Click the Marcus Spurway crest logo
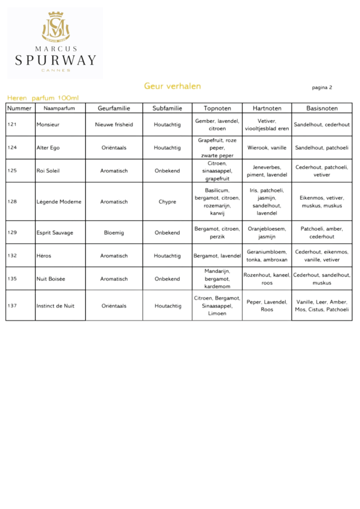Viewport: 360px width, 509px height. click(55, 27)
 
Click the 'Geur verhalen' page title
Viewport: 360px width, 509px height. click(173, 86)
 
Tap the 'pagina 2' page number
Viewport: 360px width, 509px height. click(322, 87)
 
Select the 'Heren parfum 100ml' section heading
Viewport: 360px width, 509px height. click(43, 98)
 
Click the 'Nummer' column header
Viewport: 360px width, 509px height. click(20, 108)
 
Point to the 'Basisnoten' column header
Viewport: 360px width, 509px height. click(322, 108)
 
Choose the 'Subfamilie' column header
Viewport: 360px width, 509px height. click(167, 108)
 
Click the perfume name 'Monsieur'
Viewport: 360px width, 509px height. click(48, 125)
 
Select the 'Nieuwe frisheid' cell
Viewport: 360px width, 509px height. click(114, 125)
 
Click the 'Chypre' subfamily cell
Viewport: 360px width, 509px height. click(167, 202)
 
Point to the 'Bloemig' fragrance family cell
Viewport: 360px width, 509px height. click(114, 233)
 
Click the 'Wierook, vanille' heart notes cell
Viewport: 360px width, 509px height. click(267, 148)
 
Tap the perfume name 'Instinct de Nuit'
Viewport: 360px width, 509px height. click(55, 306)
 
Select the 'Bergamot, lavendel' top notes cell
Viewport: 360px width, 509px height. click(217, 256)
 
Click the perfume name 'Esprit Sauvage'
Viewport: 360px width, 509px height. click(55, 233)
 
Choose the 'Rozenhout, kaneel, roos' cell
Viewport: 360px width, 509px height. click(267, 279)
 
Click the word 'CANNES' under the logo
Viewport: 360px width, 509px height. click(55, 71)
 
